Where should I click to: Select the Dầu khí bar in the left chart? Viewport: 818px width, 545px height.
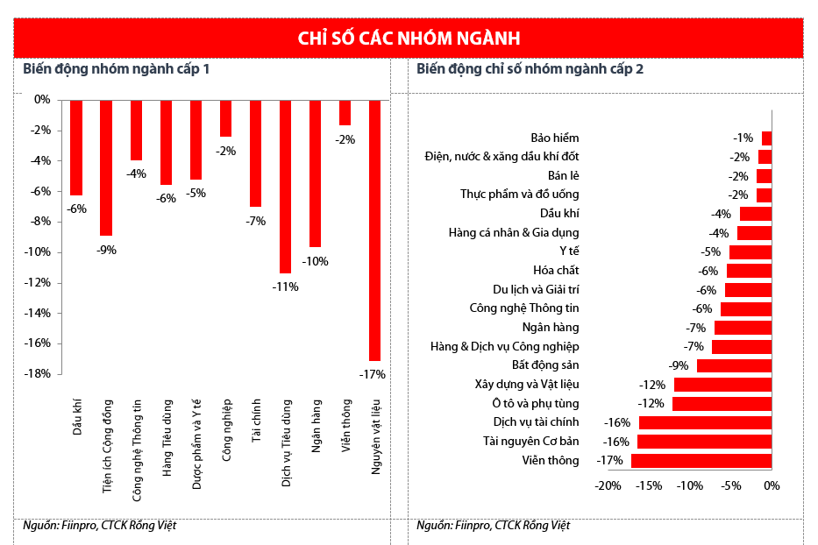76,147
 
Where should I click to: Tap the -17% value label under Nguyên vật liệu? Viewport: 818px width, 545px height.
373,374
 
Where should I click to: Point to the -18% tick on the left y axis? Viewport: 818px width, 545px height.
39,374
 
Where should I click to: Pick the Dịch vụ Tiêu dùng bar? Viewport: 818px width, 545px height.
285,186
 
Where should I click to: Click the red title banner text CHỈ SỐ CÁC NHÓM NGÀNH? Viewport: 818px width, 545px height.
409,39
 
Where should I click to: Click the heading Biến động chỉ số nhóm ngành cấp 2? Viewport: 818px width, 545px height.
530,69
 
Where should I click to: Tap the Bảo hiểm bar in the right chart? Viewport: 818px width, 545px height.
766,138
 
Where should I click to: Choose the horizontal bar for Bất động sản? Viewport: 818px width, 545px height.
734,365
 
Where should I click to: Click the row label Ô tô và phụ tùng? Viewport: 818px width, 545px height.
536,403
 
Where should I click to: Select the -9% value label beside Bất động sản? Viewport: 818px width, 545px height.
679,365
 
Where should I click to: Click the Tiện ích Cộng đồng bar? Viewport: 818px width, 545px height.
106,167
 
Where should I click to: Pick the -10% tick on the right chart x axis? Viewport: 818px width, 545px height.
689,485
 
